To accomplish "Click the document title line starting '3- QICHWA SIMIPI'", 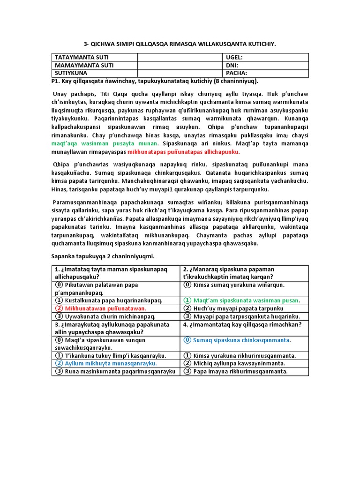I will coord(180,44).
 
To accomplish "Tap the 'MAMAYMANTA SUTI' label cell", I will coord(84,65).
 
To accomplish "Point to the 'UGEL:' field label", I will coord(234,57).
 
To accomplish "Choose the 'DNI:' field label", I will coord(232,65).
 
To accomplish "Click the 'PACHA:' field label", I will coord(236,73).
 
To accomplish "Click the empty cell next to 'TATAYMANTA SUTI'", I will coord(180,57).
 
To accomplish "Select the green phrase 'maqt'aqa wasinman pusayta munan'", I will coord(104,143).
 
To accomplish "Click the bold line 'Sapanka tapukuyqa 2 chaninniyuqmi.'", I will coord(102,256).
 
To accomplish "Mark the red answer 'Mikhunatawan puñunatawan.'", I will coord(105,308).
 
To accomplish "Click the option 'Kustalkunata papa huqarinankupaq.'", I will coord(114,300).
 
